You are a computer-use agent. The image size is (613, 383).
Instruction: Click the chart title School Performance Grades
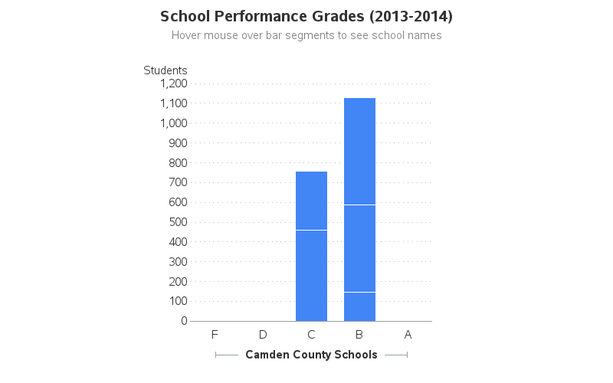[306, 16]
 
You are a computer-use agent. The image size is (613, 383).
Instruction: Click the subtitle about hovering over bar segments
[306, 35]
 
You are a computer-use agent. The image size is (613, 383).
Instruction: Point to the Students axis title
[166, 70]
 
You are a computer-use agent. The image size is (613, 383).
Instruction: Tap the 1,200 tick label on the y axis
[174, 83]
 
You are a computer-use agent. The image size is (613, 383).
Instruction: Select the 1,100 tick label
[174, 103]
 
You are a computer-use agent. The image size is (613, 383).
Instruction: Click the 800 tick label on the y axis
[177, 162]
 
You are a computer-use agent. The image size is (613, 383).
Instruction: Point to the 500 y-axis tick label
[177, 222]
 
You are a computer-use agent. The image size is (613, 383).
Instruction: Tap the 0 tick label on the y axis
[184, 321]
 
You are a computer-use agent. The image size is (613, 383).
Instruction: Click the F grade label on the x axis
[215, 335]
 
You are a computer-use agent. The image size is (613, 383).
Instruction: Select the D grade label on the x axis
[263, 335]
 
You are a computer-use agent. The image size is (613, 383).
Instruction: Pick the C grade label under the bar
[311, 335]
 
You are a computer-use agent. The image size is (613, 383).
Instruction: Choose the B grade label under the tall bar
[359, 335]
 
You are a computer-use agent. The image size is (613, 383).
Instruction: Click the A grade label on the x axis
[408, 335]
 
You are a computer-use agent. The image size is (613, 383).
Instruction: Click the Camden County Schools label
[311, 355]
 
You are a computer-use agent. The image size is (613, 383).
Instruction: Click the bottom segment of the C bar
[311, 276]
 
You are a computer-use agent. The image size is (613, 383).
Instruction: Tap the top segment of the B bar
[359, 151]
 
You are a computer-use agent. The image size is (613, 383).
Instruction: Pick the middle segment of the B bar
[359, 248]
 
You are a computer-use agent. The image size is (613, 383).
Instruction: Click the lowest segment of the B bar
[359, 306]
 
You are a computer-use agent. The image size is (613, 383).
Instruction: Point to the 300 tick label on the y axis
[177, 261]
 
